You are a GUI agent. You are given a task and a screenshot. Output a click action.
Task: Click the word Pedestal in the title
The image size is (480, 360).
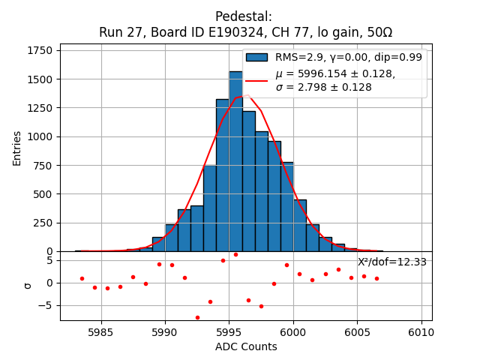point(243,16)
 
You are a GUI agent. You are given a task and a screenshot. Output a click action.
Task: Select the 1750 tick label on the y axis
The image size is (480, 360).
point(40,50)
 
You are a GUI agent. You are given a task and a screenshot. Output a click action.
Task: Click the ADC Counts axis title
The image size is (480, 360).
point(246,346)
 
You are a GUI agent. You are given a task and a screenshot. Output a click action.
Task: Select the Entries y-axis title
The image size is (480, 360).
point(17,148)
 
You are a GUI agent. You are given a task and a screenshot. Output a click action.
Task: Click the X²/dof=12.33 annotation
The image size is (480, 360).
point(391,262)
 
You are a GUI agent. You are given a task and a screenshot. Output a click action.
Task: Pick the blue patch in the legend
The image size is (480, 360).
point(256,57)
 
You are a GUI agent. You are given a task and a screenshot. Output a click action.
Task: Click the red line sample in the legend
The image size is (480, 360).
point(256,80)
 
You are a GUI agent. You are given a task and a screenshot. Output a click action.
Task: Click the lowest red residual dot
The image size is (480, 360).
point(197,317)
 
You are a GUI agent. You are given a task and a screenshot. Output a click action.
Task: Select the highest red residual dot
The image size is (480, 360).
point(235,254)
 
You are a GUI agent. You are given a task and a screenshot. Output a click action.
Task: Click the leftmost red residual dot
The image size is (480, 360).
point(82,278)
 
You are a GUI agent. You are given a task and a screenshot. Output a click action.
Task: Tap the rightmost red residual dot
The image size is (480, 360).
point(376,278)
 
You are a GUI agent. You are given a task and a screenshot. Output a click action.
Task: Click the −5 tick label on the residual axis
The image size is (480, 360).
point(46,305)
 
